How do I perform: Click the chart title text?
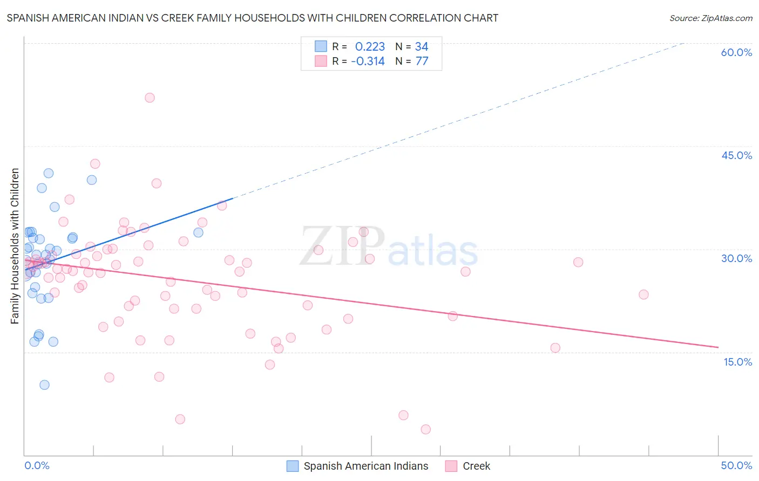[x=252, y=18]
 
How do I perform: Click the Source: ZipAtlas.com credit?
[x=710, y=18]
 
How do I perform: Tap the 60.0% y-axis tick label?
[x=736, y=52]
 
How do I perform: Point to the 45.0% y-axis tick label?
[x=736, y=155]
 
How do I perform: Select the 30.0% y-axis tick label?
[x=736, y=258]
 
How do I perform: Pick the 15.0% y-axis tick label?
[x=737, y=362]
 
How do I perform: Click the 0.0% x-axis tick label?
[x=37, y=465]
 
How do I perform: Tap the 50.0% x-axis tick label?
[x=736, y=465]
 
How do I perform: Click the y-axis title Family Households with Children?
[x=15, y=246]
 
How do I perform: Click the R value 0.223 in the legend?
[x=370, y=46]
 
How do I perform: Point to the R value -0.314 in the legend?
[x=368, y=61]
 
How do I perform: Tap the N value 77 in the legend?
[x=422, y=61]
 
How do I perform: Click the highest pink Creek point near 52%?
[x=150, y=98]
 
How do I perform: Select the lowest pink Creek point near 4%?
[x=425, y=429]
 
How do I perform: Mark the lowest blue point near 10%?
[x=44, y=384]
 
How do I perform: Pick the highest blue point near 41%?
[x=49, y=173]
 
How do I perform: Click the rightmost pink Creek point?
[x=643, y=294]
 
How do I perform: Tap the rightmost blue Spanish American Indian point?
[x=198, y=232]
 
